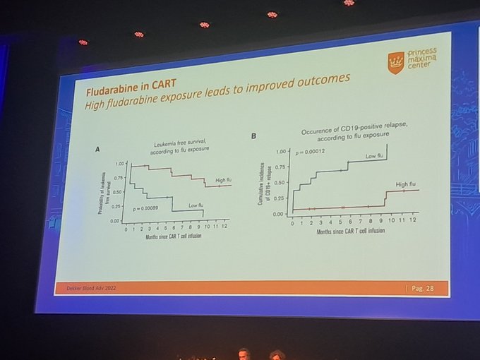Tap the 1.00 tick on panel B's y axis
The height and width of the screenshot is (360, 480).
coord(281,152)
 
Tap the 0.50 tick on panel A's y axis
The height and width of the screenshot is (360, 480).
coord(116,191)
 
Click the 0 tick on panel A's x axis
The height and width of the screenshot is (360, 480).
coord(126,229)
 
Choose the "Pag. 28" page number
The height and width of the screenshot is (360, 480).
coord(425,289)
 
